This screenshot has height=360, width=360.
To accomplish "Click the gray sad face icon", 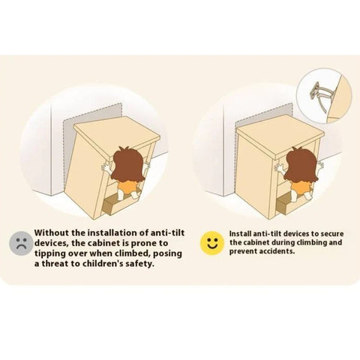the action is click(21, 243).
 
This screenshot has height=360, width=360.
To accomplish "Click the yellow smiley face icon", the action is click(212, 243).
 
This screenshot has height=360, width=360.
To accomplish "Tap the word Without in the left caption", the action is click(52, 232).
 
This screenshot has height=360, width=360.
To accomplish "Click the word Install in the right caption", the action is click(240, 234).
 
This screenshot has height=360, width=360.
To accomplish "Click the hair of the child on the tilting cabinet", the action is click(127, 163).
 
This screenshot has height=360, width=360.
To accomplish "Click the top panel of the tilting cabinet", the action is click(117, 137).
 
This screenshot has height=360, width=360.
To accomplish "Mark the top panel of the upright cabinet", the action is click(280, 137).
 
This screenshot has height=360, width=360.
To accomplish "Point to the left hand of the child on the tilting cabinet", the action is click(106, 167).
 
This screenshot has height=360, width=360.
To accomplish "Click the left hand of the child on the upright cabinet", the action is click(280, 167).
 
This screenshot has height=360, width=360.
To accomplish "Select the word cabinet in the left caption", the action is click(102, 243).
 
